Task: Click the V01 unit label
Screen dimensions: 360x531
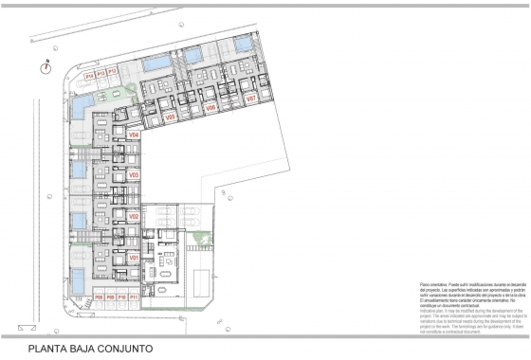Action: (134, 258)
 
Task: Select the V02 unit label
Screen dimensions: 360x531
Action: (134, 217)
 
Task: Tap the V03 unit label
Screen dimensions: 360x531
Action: (134, 175)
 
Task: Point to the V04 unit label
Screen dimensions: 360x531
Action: (134, 135)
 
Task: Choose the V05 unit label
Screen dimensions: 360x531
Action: (171, 117)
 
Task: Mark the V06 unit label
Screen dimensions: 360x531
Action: (211, 108)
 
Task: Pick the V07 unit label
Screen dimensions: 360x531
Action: (251, 99)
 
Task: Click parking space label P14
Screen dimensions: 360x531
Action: (89, 73)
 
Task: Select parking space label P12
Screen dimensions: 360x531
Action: (112, 71)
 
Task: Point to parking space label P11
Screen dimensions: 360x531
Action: (134, 297)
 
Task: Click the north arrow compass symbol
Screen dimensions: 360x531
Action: (45, 66)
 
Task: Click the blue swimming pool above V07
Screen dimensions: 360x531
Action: (244, 44)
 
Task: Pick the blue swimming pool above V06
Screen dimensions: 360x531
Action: (194, 56)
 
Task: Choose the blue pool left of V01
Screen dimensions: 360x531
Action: (78, 278)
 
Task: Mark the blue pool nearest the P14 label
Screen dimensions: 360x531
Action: (82, 101)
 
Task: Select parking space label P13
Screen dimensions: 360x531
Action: (101, 72)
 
